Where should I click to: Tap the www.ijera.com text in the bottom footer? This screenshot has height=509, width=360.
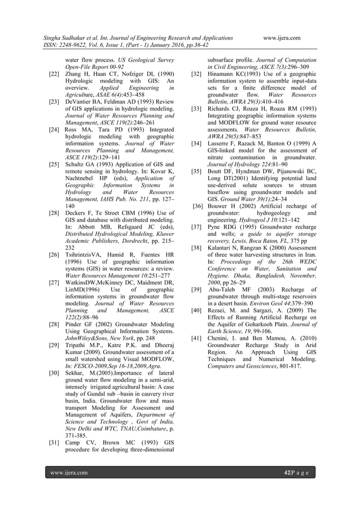(68, 472)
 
